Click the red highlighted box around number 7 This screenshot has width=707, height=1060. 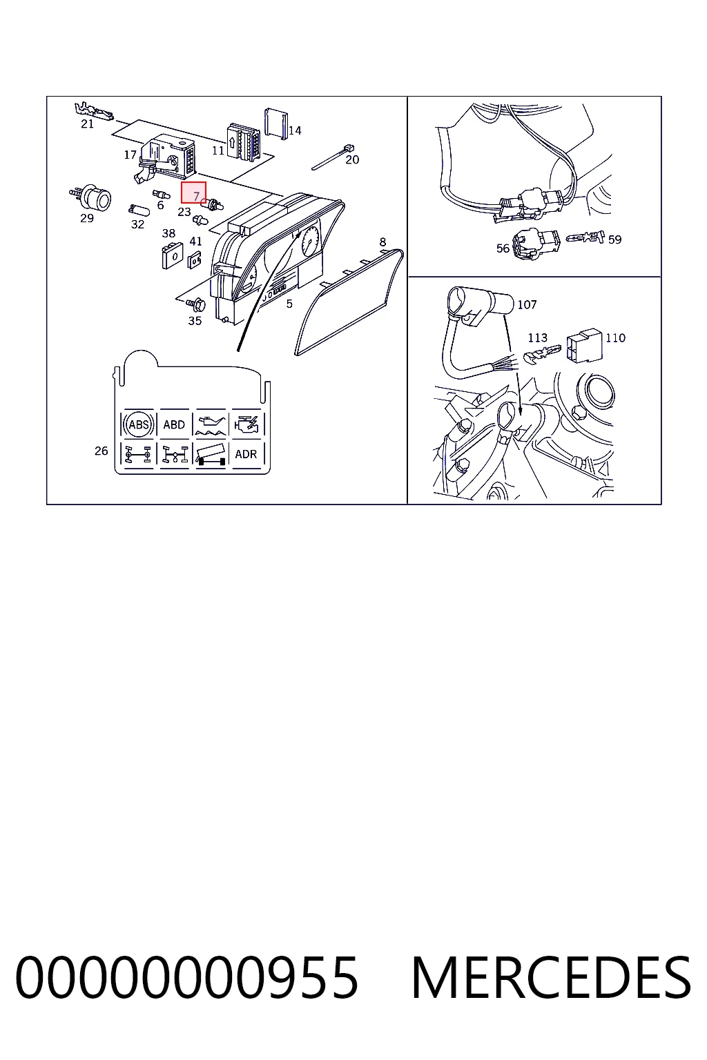(193, 193)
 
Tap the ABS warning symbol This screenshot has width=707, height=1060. (138, 424)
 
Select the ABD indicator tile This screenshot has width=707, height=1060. (174, 424)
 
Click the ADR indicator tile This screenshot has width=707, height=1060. (246, 454)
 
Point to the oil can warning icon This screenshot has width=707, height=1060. (211, 423)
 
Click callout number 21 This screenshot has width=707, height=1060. (87, 124)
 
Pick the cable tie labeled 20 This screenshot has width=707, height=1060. (333, 157)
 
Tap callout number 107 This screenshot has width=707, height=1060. (527, 304)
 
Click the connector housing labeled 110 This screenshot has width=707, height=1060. (584, 346)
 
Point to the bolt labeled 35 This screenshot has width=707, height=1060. (195, 304)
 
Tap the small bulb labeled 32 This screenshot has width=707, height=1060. (139, 210)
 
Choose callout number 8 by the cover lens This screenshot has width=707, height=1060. (382, 242)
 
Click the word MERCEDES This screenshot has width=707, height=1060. (552, 977)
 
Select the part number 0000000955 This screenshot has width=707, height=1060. (186, 977)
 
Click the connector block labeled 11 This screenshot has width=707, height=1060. (244, 142)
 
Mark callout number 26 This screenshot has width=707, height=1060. (101, 451)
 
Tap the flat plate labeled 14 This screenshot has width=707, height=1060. (276, 124)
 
